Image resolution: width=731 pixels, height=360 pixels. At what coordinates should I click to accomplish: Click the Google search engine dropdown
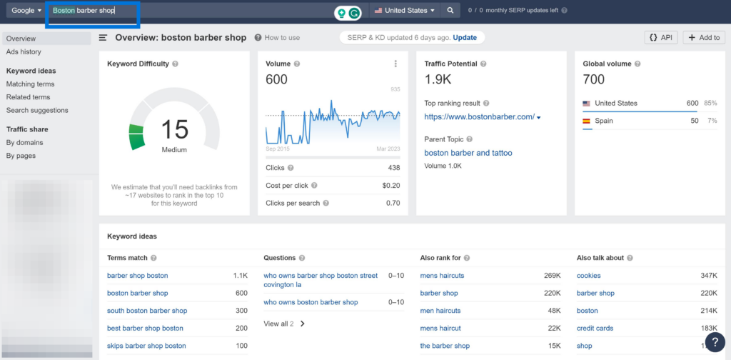pyautogui.click(x=26, y=11)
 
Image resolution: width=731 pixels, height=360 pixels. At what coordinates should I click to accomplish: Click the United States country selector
pyautogui.click(x=404, y=11)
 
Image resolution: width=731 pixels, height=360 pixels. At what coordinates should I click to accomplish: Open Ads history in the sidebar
pyautogui.click(x=24, y=51)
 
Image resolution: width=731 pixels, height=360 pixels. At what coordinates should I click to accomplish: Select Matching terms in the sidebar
pyautogui.click(x=30, y=84)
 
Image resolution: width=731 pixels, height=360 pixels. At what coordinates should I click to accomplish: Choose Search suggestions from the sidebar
pyautogui.click(x=37, y=110)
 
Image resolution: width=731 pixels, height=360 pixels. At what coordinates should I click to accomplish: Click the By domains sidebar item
pyautogui.click(x=25, y=142)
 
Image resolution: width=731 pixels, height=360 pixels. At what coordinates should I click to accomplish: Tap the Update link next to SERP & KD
pyautogui.click(x=465, y=37)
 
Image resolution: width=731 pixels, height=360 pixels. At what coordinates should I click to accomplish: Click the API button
pyautogui.click(x=661, y=37)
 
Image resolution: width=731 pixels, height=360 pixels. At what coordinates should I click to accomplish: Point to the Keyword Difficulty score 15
pyautogui.click(x=174, y=129)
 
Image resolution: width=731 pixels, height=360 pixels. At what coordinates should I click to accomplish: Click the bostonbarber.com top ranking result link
pyautogui.click(x=479, y=116)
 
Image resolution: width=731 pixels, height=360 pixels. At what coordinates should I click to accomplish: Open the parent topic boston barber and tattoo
pyautogui.click(x=468, y=153)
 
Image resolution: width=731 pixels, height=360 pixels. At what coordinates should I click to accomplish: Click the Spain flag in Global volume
pyautogui.click(x=587, y=121)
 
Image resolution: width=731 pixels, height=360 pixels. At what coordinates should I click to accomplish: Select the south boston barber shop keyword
pyautogui.click(x=147, y=311)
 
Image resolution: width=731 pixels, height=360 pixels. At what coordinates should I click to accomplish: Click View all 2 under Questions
pyautogui.click(x=278, y=324)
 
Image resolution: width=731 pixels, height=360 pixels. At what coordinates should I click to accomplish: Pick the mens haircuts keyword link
pyautogui.click(x=442, y=276)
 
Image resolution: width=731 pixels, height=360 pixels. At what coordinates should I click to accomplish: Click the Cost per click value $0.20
pyautogui.click(x=390, y=185)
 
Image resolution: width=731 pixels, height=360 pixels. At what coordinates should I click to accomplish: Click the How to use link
pyautogui.click(x=282, y=38)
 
